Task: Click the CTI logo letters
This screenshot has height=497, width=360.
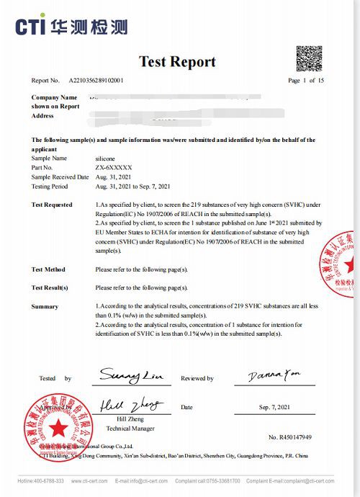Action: [32, 27]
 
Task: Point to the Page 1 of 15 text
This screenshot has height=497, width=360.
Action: [306, 81]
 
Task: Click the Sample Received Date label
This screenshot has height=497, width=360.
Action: [58, 176]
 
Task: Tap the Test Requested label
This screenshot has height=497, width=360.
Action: [52, 205]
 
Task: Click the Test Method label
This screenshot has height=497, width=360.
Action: [48, 269]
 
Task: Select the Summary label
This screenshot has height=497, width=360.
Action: [45, 307]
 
